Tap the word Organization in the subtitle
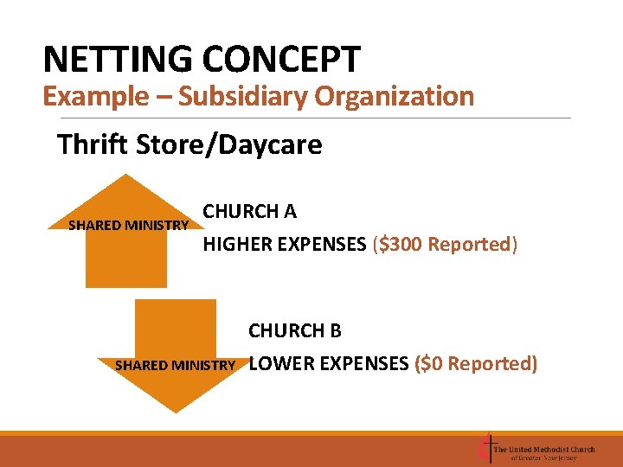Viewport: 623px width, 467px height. click(395, 96)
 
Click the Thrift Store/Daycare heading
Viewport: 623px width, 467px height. click(189, 144)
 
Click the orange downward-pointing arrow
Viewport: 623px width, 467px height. click(176, 329)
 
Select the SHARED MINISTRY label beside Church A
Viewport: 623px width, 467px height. click(129, 226)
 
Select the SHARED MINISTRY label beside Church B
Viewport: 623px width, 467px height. click(175, 365)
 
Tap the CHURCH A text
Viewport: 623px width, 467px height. click(249, 212)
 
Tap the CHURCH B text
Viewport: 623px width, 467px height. click(295, 331)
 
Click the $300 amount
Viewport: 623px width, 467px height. click(401, 245)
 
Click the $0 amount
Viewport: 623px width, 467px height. click(432, 364)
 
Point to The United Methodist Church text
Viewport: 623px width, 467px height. click(544, 449)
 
